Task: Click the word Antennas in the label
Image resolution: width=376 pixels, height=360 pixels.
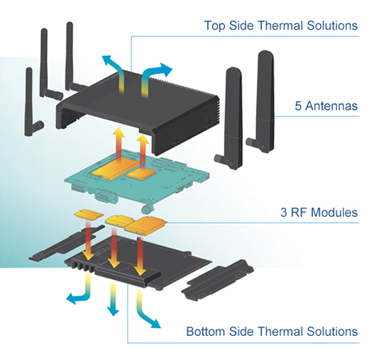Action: (331, 106)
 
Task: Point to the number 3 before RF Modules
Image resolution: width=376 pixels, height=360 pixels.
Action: (284, 213)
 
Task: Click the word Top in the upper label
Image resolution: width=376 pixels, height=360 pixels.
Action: (214, 26)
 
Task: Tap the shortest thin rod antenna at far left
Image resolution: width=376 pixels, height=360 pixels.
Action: (29, 103)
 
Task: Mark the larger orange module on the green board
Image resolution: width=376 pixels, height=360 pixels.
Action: (115, 168)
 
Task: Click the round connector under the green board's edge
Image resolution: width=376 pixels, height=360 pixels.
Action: (146, 209)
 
